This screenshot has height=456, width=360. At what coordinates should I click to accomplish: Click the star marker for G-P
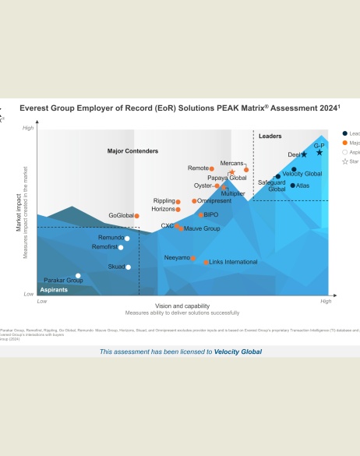click(x=319, y=153)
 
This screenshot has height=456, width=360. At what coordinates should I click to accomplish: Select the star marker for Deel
click(x=304, y=155)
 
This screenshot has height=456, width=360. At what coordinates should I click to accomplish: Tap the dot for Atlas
click(x=293, y=186)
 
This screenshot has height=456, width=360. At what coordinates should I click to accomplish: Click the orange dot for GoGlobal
click(x=136, y=216)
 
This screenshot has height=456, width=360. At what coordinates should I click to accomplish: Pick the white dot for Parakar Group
click(x=78, y=275)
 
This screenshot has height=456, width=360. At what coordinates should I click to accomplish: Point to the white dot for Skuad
click(x=129, y=267)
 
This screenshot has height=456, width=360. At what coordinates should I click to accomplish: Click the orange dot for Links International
click(x=206, y=262)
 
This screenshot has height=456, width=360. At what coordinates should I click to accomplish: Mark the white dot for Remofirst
click(x=121, y=247)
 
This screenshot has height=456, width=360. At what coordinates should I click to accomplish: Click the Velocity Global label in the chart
click(x=302, y=174)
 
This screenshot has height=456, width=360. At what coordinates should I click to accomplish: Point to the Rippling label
click(x=164, y=201)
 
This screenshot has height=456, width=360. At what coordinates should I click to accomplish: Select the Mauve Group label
click(x=202, y=229)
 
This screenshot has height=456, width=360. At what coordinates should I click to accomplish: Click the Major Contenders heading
click(x=132, y=150)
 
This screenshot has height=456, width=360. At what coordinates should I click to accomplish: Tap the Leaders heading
click(x=270, y=136)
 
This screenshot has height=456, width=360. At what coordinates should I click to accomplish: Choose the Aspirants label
click(x=54, y=289)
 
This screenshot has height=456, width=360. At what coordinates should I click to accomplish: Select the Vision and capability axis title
click(x=182, y=306)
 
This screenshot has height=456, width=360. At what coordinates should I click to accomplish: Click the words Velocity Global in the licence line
click(x=238, y=352)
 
